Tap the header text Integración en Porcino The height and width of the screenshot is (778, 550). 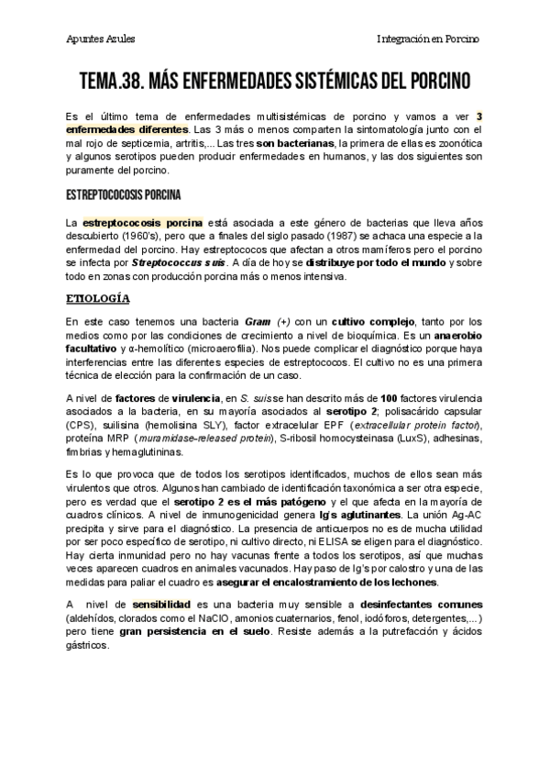(429, 39)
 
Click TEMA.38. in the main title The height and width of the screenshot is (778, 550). (116, 82)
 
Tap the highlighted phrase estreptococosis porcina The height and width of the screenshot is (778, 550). (142, 223)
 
